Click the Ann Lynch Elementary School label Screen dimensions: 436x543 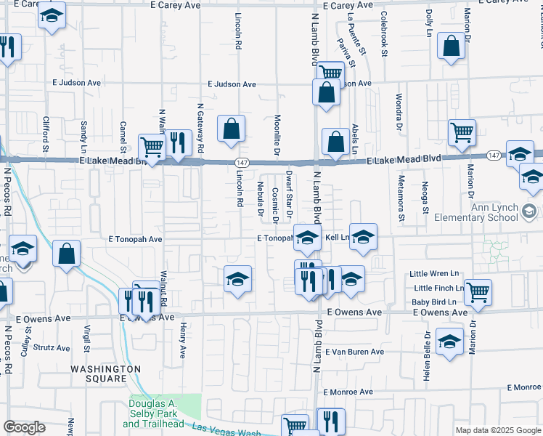click(x=476, y=211)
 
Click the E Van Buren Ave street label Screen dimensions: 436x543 click(x=354, y=352)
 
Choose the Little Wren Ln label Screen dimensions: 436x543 click(x=435, y=274)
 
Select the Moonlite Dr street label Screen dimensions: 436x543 click(x=277, y=134)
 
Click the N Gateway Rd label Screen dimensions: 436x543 click(x=200, y=127)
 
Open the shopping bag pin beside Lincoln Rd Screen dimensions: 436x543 click(x=231, y=129)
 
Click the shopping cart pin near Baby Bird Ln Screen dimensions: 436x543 click(x=478, y=292)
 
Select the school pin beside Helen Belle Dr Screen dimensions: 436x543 click(x=450, y=342)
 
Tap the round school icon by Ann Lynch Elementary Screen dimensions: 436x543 click(x=529, y=212)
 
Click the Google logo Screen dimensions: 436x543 click(x=24, y=427)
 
